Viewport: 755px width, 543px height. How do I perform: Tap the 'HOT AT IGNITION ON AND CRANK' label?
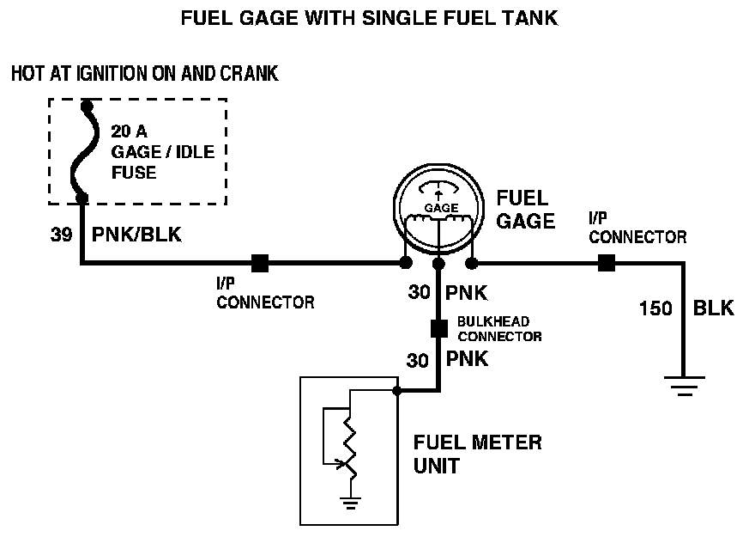[x=144, y=74]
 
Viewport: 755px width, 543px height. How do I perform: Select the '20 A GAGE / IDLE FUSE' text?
[x=162, y=152]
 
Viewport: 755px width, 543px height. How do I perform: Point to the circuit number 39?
[x=60, y=235]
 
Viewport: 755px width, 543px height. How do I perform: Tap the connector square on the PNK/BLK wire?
[x=259, y=263]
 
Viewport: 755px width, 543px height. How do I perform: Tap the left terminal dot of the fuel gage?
[x=406, y=263]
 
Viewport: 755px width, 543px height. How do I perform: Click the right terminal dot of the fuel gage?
[x=470, y=263]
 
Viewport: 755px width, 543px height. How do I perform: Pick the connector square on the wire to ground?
[x=606, y=263]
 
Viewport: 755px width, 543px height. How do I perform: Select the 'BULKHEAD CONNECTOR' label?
[x=498, y=328]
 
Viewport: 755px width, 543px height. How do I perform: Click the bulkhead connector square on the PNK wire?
[x=438, y=327]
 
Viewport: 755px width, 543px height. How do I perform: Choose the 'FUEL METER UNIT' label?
[x=477, y=455]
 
